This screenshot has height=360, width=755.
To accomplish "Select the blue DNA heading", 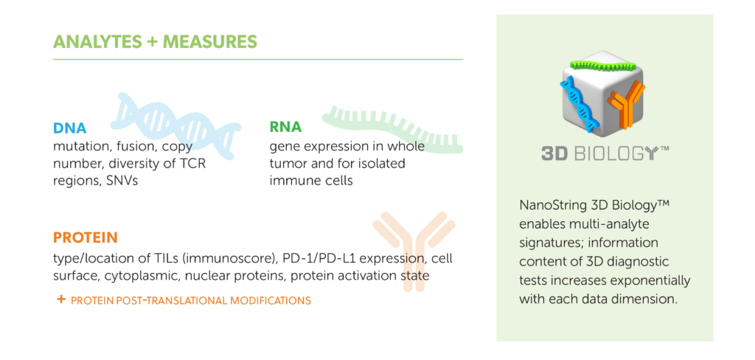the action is click(x=70, y=128).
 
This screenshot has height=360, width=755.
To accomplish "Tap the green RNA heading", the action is click(x=285, y=127).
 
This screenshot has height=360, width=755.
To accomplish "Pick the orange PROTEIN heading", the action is click(x=86, y=238).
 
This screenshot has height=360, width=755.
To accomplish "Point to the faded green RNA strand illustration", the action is click(x=392, y=128).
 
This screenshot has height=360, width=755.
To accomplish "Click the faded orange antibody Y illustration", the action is click(x=414, y=251).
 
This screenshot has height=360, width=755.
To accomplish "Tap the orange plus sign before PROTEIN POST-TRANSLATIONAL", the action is click(x=61, y=300).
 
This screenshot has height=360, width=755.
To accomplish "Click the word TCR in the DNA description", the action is click(x=195, y=163).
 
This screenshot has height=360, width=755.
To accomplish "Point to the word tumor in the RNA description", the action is click(x=285, y=163).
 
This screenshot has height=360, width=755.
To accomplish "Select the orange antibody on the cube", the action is click(x=626, y=105).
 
